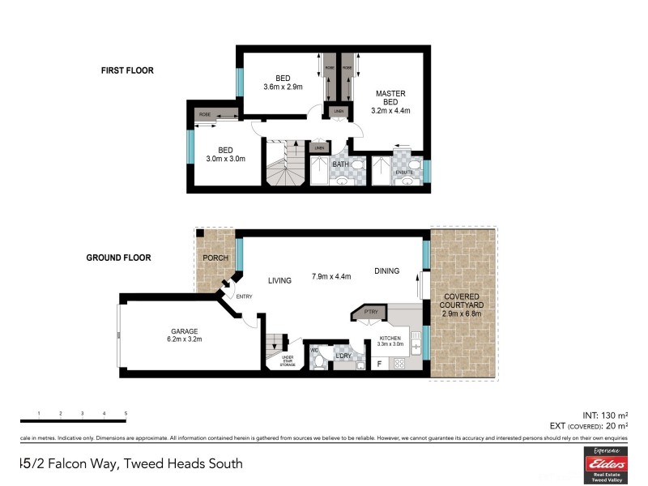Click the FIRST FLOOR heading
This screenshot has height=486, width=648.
[x=127, y=70]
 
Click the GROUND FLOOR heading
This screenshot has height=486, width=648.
[x=120, y=258]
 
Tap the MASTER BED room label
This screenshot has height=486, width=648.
[x=390, y=102]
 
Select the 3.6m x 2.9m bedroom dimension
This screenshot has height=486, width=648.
[x=282, y=87]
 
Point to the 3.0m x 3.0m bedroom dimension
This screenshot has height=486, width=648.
[x=225, y=159]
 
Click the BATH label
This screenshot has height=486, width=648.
[x=340, y=164]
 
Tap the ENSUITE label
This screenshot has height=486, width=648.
[x=404, y=172]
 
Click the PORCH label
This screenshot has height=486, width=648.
[x=215, y=258]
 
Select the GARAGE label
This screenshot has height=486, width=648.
[x=185, y=330]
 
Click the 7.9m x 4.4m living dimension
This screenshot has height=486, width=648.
[x=330, y=277]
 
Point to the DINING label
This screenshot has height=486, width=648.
[x=386, y=271]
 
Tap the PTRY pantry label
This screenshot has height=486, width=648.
[x=372, y=311]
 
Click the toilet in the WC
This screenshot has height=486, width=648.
[x=319, y=359]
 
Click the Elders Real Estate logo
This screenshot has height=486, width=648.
[x=605, y=465]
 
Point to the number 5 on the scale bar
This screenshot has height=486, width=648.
[x=126, y=414]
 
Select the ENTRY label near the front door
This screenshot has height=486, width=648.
[x=244, y=296]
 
